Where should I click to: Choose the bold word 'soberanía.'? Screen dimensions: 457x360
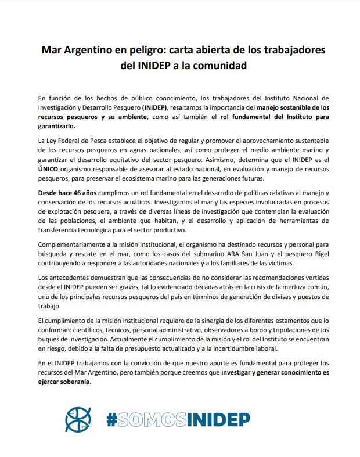pos(74,382)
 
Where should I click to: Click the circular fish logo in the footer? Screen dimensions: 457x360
pos(79,419)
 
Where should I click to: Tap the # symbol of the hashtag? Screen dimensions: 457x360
pos(112,419)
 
